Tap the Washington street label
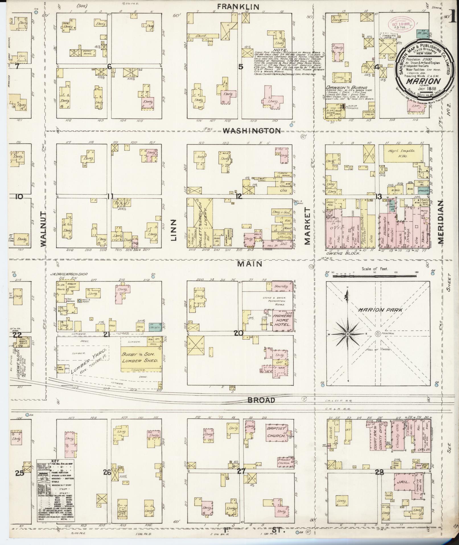point(252,131)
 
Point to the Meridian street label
point(441,222)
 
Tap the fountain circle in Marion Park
point(378,334)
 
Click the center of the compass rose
point(347,334)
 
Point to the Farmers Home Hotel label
point(282,320)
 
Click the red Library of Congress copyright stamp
point(399,26)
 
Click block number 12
point(238,196)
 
